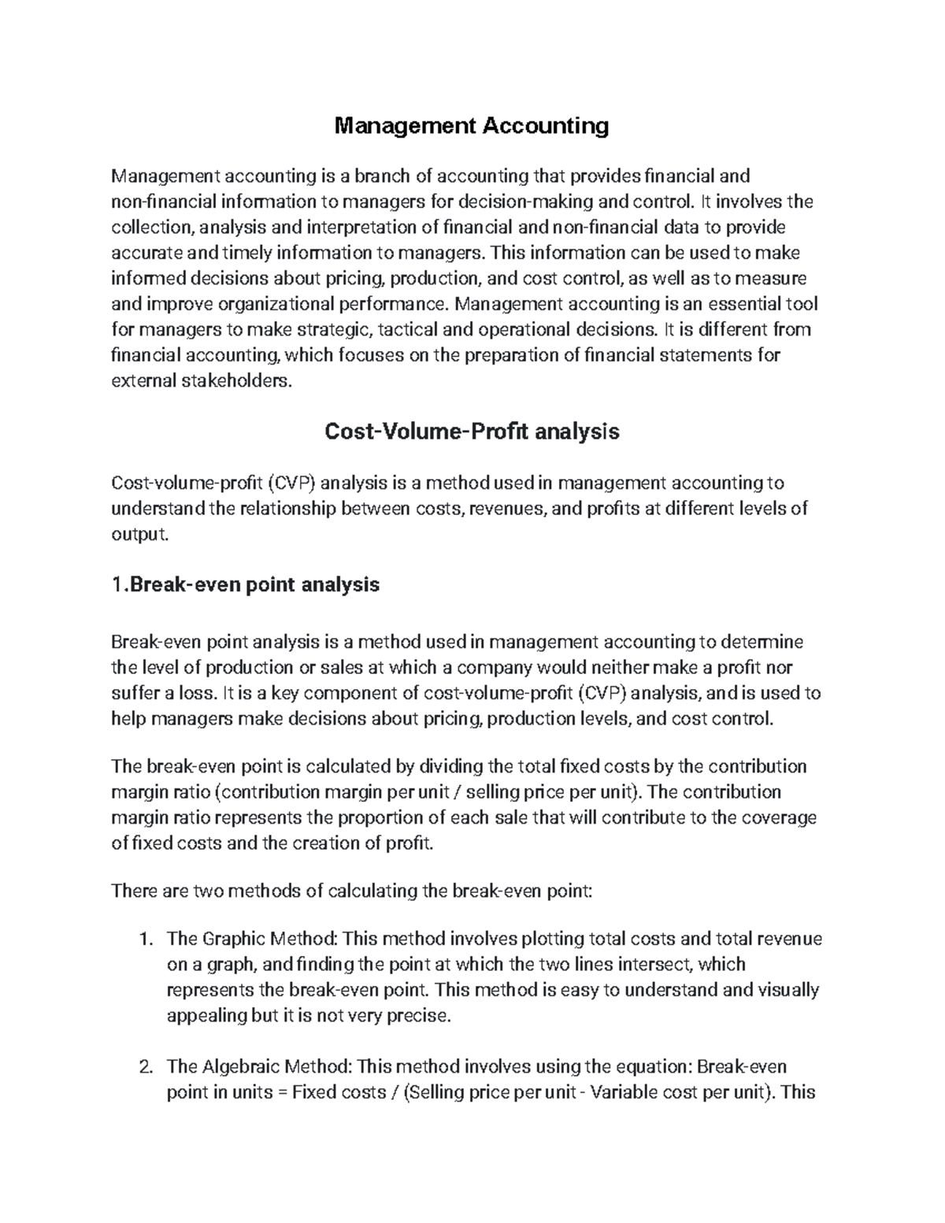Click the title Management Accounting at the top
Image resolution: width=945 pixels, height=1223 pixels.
(472, 125)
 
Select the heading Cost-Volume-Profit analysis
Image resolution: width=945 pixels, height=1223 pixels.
(472, 432)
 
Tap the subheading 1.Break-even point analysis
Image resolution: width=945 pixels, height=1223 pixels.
(246, 584)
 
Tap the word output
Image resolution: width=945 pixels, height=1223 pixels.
(139, 535)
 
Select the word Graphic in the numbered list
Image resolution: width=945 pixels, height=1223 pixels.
(234, 939)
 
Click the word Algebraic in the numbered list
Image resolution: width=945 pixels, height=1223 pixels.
(239, 1066)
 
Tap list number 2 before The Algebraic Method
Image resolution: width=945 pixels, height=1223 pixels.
(144, 1067)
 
